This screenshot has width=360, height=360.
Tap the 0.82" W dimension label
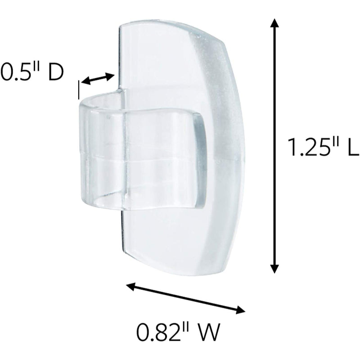178,333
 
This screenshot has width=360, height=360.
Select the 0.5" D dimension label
31,73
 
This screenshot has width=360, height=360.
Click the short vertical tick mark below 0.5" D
79,89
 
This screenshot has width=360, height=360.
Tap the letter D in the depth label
55,73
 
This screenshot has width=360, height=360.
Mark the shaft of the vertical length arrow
273,148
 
